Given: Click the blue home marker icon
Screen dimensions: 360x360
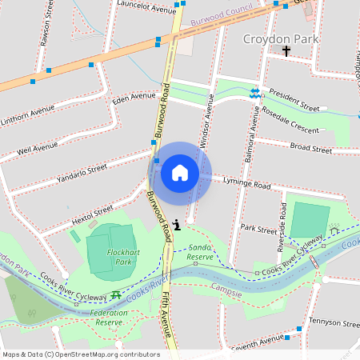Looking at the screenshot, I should tap(180, 172).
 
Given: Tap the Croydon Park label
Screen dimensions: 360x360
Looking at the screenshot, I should tap(281, 38).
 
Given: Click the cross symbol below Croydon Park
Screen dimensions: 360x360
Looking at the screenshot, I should tap(286, 51).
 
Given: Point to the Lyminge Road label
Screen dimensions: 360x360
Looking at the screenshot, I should tap(247, 184).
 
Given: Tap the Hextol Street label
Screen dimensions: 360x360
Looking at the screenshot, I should tap(92, 213).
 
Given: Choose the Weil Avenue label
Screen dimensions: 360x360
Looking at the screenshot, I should tap(37, 148).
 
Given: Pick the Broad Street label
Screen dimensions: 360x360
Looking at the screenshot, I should tap(310, 148).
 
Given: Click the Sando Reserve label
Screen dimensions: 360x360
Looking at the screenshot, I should tap(200, 252).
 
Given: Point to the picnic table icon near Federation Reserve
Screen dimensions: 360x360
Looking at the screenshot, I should tap(116, 294).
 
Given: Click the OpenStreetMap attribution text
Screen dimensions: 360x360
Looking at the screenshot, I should tap(81, 354).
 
